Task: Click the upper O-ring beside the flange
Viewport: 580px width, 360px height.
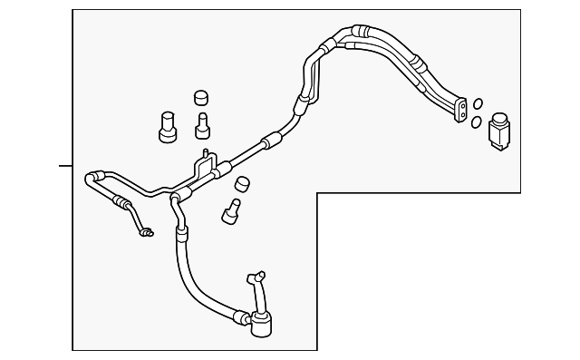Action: click(x=478, y=104)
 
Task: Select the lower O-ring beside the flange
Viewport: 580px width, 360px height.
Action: click(x=475, y=121)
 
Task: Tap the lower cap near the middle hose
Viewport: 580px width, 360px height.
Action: click(x=242, y=184)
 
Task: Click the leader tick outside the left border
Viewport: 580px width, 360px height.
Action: click(x=64, y=166)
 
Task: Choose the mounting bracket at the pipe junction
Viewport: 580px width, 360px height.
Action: click(x=203, y=166)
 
